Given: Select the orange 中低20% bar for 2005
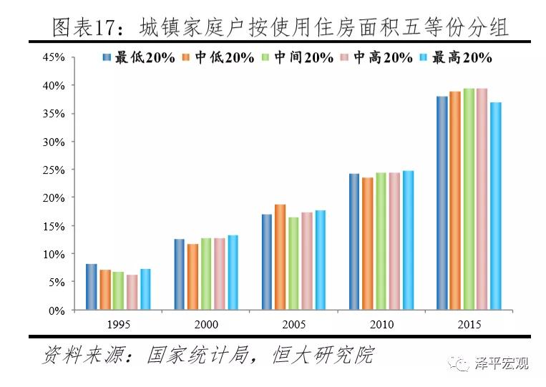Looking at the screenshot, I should pos(280,258).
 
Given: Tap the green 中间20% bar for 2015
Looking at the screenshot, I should pos(469,200).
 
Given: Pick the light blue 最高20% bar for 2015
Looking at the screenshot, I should pos(495,207).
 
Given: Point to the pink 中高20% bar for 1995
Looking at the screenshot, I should pos(132,293).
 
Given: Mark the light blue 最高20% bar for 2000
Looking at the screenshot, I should pos(233,273).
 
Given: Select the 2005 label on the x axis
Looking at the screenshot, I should pos(293,324).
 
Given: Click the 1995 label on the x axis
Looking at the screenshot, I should pos(118,324).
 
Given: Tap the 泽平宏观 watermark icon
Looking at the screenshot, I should pos(459,363).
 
